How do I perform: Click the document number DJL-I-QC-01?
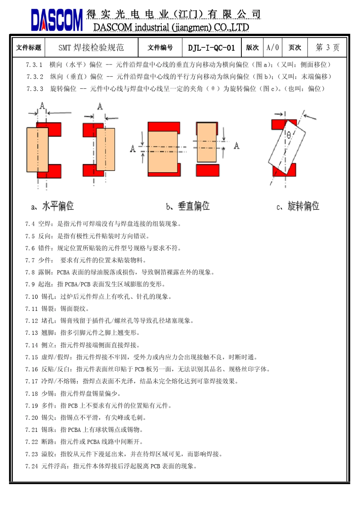click(x=211, y=48)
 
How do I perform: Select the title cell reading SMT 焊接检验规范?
click(x=91, y=48)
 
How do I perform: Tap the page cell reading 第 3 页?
click(x=327, y=47)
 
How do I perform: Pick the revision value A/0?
click(x=272, y=48)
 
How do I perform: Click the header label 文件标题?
click(x=28, y=48)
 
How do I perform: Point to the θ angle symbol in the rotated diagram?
click(x=289, y=135)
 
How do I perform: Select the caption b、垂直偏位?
click(x=188, y=206)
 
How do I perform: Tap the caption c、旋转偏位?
click(x=298, y=206)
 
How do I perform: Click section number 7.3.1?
click(x=34, y=65)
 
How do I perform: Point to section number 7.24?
click(x=31, y=466)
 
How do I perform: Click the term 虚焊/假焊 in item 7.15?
click(x=57, y=357)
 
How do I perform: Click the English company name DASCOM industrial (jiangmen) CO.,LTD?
click(x=171, y=27)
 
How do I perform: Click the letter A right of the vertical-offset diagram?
click(x=236, y=146)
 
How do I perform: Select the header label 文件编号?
click(x=160, y=48)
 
